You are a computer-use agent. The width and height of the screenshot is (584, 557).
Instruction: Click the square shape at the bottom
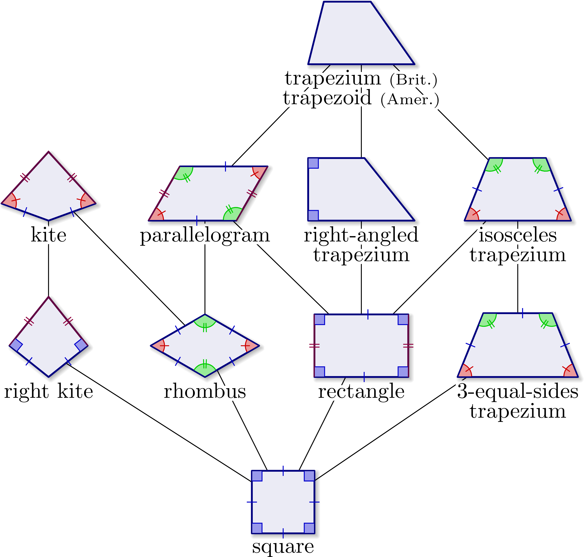pos(283,502)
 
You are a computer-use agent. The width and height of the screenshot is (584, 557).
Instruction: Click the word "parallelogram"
pos(205,235)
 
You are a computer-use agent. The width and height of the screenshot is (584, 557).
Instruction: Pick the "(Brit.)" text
pos(413,80)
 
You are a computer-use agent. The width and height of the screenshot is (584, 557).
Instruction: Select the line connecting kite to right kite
pos(48,270)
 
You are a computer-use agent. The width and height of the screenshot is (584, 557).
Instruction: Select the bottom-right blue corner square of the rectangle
pos(403,372)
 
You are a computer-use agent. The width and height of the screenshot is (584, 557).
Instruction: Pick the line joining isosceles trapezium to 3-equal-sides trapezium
pos(518,288)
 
